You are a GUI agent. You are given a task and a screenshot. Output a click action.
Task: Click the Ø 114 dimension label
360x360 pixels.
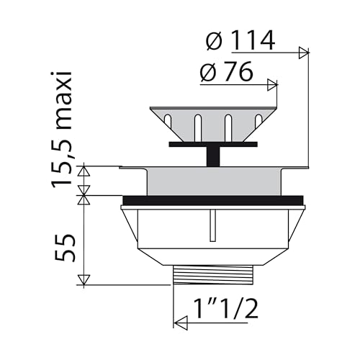pos(240,40)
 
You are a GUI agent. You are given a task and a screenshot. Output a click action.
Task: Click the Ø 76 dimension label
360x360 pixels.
pos(226,71)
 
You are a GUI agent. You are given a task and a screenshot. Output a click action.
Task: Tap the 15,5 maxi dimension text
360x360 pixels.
pos(62,128)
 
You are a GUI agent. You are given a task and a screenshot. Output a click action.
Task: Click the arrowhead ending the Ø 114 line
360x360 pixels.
pos(304,53)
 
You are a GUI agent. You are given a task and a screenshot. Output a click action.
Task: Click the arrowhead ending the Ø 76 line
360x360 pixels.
pos(273,85)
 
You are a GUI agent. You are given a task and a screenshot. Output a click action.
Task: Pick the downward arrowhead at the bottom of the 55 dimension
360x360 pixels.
pos(84,279)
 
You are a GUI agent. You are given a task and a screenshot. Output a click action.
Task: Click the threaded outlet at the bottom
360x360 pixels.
pos(212,275)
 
